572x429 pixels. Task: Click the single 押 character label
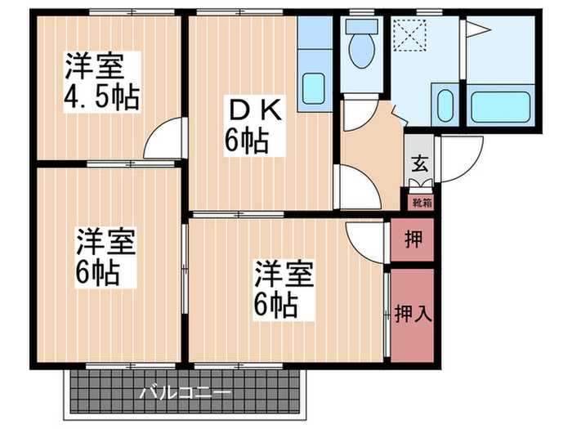[413, 240]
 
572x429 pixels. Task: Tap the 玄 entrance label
[418, 163]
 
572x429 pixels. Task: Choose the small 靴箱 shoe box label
[417, 199]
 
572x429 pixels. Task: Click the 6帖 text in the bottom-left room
[99, 271]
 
